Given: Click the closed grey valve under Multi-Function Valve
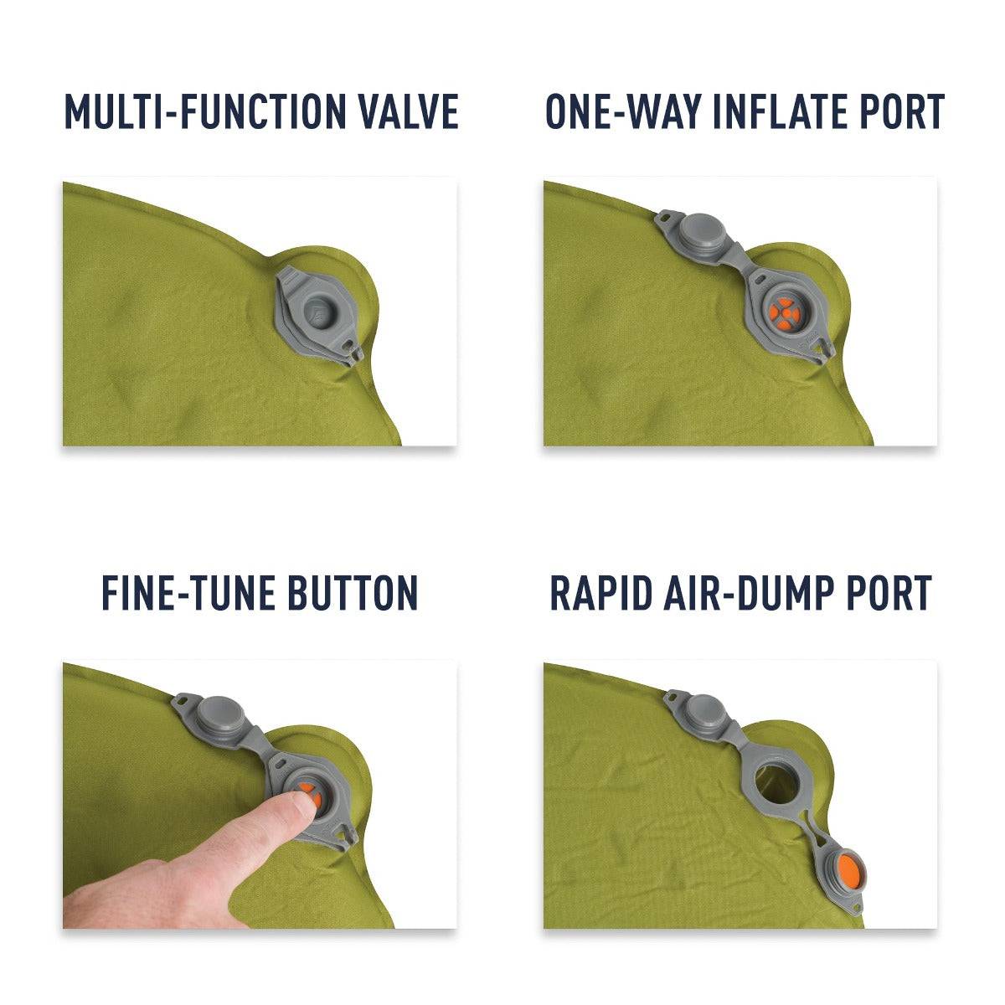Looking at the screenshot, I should [x=318, y=310].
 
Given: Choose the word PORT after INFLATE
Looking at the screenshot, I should [x=905, y=111].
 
